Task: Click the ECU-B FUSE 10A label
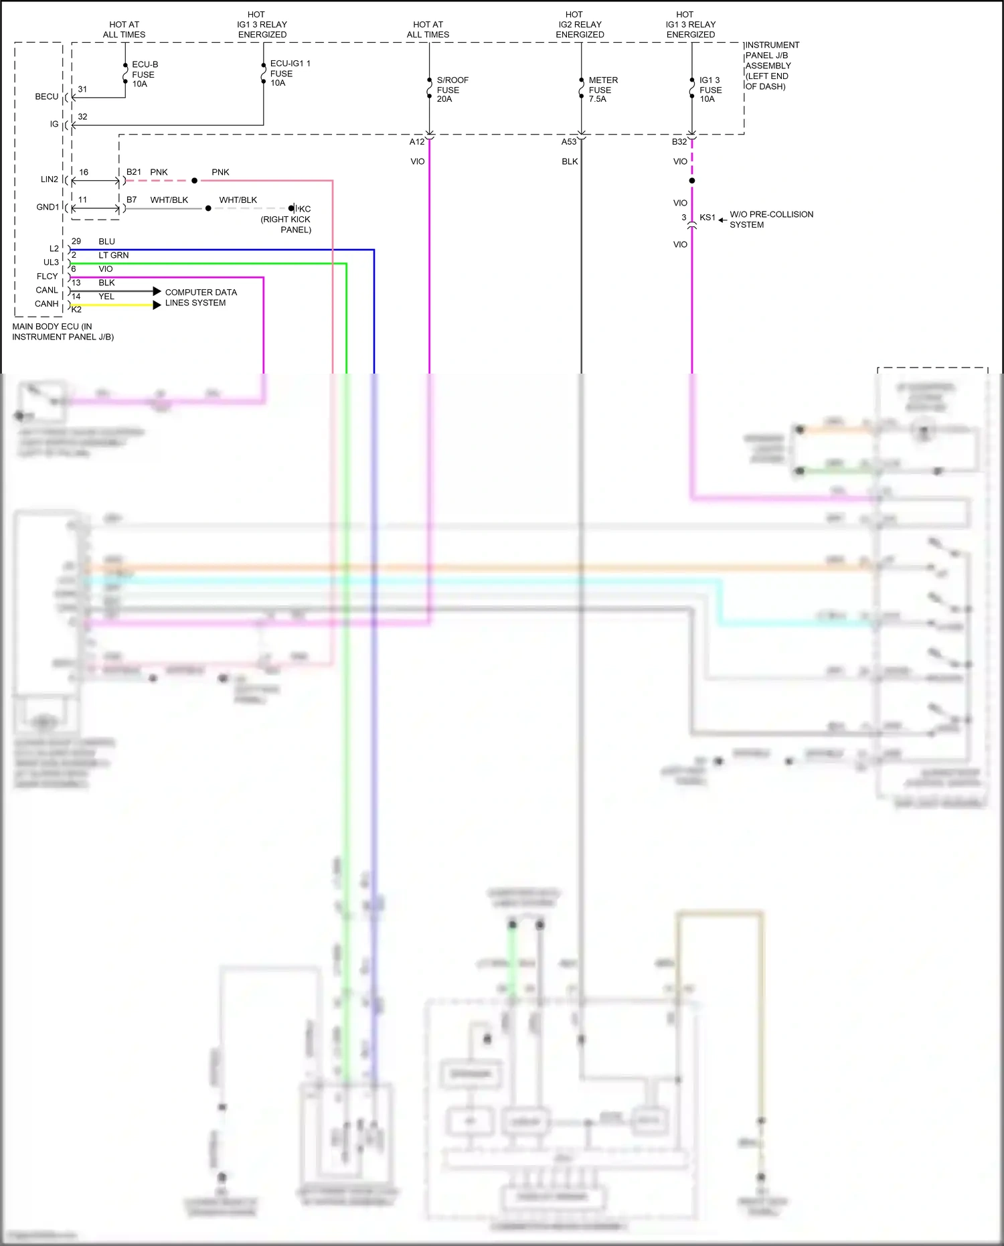coord(145,74)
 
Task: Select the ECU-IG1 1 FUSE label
coord(289,73)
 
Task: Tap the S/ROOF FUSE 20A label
coord(452,90)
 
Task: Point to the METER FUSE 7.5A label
coord(602,90)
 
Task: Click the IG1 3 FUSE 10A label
coord(710,90)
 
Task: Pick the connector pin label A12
coord(417,142)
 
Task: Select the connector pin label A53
coord(569,142)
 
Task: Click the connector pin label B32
coord(679,142)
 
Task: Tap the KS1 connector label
coord(707,218)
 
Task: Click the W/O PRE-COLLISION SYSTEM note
coord(770,220)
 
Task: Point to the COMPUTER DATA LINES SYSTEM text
coord(200,297)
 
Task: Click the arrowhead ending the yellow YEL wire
coord(157,305)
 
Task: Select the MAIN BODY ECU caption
coord(63,331)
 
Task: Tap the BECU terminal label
coord(47,96)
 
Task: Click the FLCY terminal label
coord(47,276)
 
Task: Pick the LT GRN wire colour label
coord(113,255)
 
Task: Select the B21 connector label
coord(134,172)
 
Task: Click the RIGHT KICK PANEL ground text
coord(286,224)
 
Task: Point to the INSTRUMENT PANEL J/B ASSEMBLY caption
coord(772,66)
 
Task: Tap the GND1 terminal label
coord(48,207)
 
